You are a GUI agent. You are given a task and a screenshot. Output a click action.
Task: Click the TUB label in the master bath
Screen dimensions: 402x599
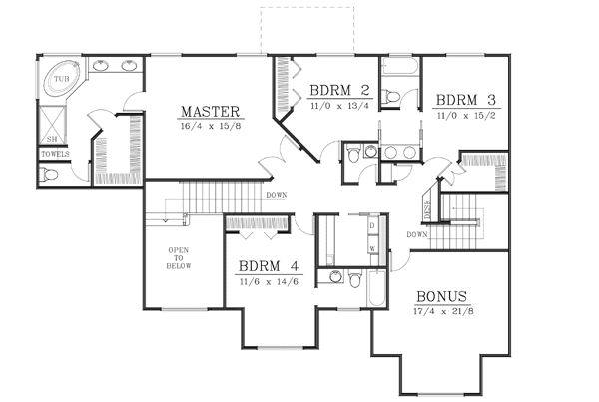point(62,78)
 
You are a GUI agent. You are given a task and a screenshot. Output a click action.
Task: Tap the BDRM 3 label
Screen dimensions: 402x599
point(466,101)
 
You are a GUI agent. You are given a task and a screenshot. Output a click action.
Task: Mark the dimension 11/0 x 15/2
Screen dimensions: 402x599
point(466,117)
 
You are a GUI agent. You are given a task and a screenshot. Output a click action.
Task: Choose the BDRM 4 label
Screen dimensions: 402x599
point(268,266)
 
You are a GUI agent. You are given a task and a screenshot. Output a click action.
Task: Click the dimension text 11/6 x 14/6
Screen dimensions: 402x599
point(268,282)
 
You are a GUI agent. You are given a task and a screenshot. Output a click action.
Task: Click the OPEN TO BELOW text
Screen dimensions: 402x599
point(179,258)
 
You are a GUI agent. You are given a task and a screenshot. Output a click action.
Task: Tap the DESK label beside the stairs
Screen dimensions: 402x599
point(428,207)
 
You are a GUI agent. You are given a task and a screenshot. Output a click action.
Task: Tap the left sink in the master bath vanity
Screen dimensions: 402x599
point(103,68)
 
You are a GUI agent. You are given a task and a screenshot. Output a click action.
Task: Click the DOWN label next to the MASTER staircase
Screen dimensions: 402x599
point(277,195)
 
